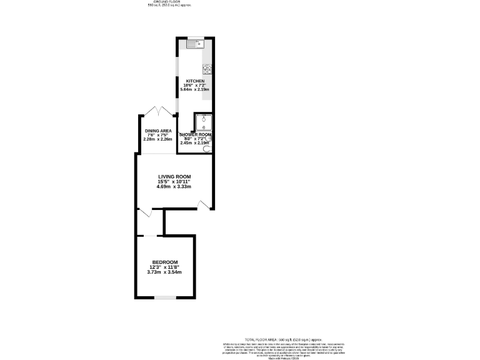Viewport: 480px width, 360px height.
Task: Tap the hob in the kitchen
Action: click(x=207, y=69)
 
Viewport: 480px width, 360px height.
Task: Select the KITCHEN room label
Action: click(x=195, y=81)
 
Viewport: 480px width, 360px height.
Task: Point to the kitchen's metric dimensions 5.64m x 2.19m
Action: click(x=195, y=89)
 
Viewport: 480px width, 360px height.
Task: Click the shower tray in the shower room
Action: click(x=204, y=122)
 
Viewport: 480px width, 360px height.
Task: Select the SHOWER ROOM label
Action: click(x=195, y=135)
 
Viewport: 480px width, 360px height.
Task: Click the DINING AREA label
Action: click(x=158, y=131)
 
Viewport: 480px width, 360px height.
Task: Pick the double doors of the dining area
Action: click(x=158, y=111)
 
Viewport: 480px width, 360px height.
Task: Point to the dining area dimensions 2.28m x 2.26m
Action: click(x=158, y=139)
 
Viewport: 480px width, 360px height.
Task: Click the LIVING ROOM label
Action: click(x=174, y=177)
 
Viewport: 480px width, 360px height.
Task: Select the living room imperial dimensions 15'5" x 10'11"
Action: click(x=174, y=182)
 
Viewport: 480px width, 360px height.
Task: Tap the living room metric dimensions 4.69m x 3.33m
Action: click(x=174, y=187)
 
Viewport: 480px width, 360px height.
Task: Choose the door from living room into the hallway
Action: click(x=145, y=213)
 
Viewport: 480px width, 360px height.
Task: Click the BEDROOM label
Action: click(x=165, y=262)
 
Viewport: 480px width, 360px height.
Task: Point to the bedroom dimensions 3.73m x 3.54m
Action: click(x=165, y=272)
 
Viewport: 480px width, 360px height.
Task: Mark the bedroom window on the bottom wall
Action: click(x=165, y=297)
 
